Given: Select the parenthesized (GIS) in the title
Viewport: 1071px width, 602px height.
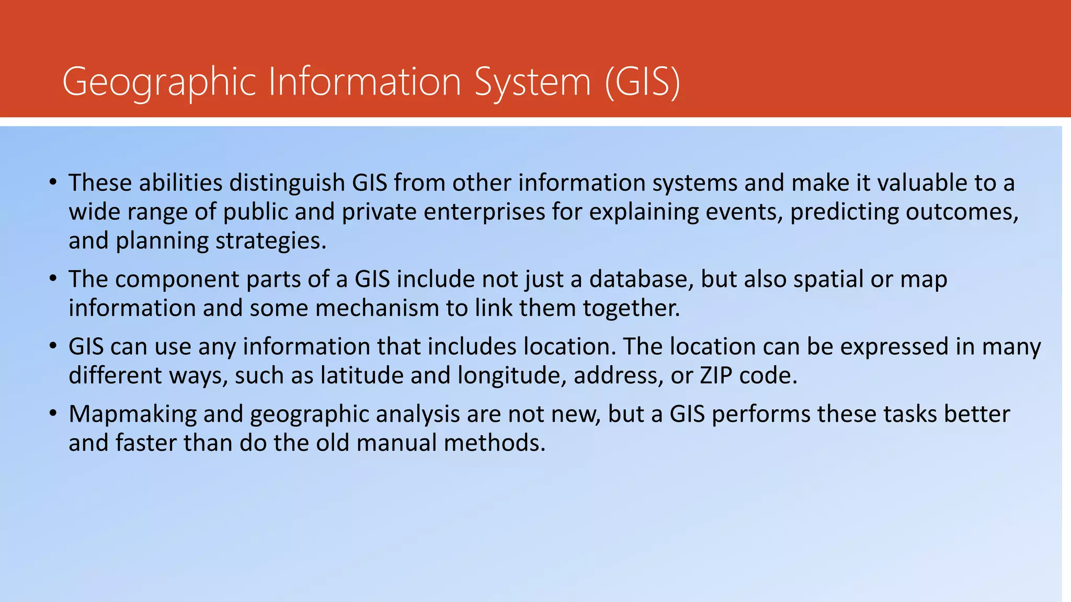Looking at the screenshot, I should [643, 82].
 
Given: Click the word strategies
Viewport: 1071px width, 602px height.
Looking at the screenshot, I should [271, 241].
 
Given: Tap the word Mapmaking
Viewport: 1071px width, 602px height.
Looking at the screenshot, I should [132, 414].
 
